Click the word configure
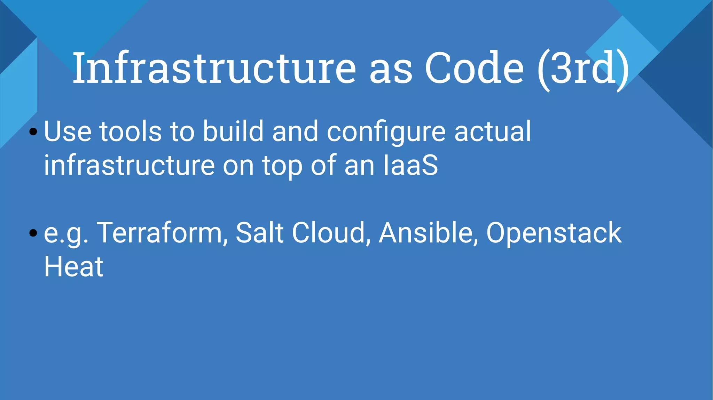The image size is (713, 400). click(x=386, y=132)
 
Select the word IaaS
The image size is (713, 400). click(x=410, y=166)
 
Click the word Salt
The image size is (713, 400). click(x=259, y=233)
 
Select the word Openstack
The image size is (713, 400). click(x=554, y=233)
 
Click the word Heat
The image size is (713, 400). click(x=73, y=267)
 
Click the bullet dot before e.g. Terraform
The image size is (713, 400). click(x=33, y=233)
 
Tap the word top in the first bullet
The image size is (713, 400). click(x=282, y=166)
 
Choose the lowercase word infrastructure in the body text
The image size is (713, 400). click(x=129, y=166)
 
